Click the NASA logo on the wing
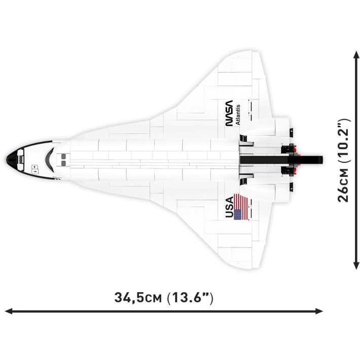pos(232,113)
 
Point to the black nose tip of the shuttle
pos(8,158)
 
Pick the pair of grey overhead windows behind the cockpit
pos(63,159)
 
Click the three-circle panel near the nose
pos(21,158)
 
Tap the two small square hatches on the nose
pos(33,167)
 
